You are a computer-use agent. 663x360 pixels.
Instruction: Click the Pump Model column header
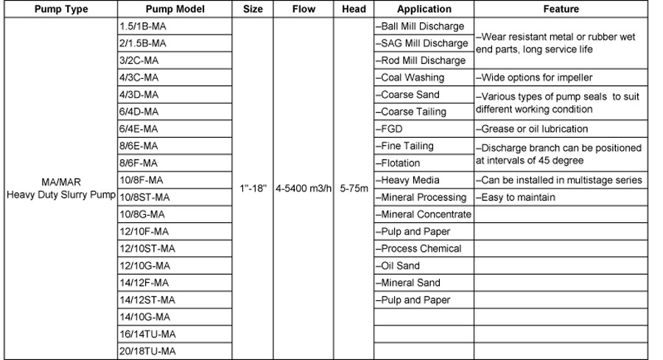pos(175,10)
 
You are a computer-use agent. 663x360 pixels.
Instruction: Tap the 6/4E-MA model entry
pos(138,129)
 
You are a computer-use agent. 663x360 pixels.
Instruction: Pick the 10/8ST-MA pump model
pos(144,197)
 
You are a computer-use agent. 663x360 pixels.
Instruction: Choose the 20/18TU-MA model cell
pos(147,351)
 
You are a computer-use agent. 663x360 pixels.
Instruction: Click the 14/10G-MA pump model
pos(144,317)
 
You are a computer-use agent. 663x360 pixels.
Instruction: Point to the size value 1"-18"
pos(253,188)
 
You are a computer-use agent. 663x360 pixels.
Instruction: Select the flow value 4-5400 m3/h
pos(304,188)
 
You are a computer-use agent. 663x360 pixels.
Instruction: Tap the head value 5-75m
pos(354,188)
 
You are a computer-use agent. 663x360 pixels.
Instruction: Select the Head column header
pos(354,10)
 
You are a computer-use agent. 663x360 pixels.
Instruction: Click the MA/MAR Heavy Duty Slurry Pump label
pos(60,188)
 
